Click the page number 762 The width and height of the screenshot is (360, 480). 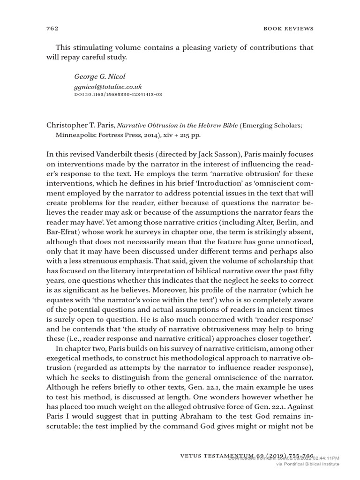tap(52, 29)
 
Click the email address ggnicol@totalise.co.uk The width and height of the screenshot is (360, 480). tap(108, 87)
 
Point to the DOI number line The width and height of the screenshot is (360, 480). tap(118, 95)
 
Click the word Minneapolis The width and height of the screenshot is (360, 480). tap(75, 135)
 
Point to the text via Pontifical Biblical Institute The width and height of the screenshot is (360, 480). tap(307, 464)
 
